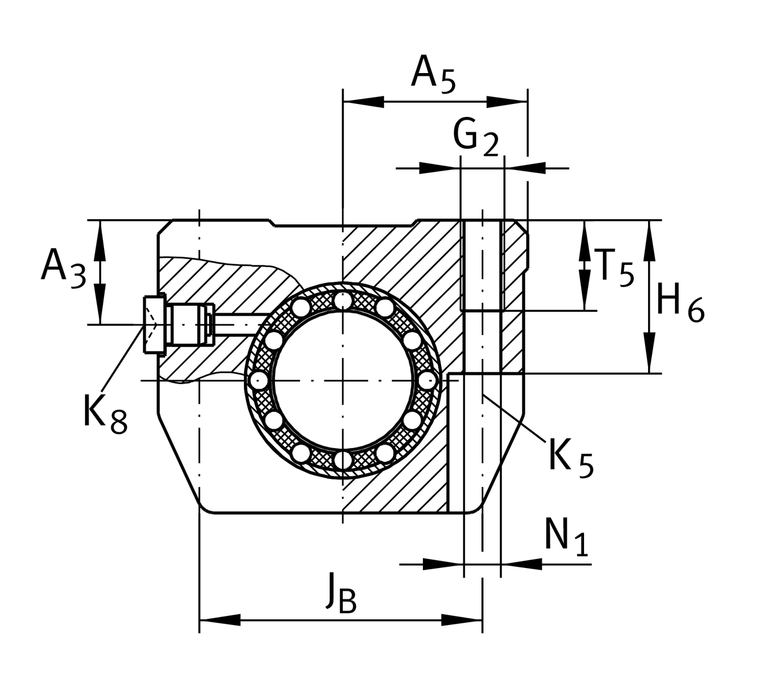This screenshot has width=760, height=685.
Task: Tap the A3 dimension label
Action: coord(63,268)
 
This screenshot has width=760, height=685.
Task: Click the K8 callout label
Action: coord(105,414)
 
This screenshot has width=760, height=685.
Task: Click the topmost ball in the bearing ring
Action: coord(342,300)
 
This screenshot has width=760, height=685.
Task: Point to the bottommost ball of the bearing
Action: coord(342,460)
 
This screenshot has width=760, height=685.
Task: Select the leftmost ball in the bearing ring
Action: coord(260,380)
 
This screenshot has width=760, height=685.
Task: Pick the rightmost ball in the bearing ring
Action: coord(426,380)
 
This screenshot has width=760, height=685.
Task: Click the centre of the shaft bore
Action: coord(342,380)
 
